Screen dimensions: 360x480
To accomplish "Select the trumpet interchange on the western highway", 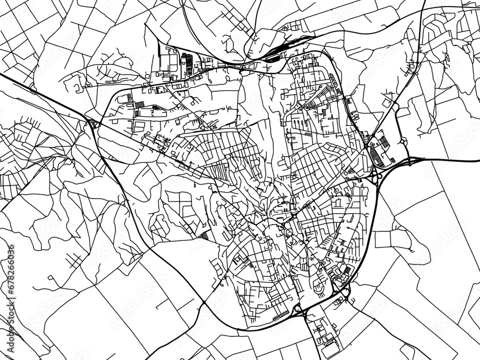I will click(x=93, y=124).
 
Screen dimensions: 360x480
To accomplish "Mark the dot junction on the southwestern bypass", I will click(x=204, y=303).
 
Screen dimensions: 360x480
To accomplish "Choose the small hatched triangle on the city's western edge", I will click(x=204, y=236).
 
